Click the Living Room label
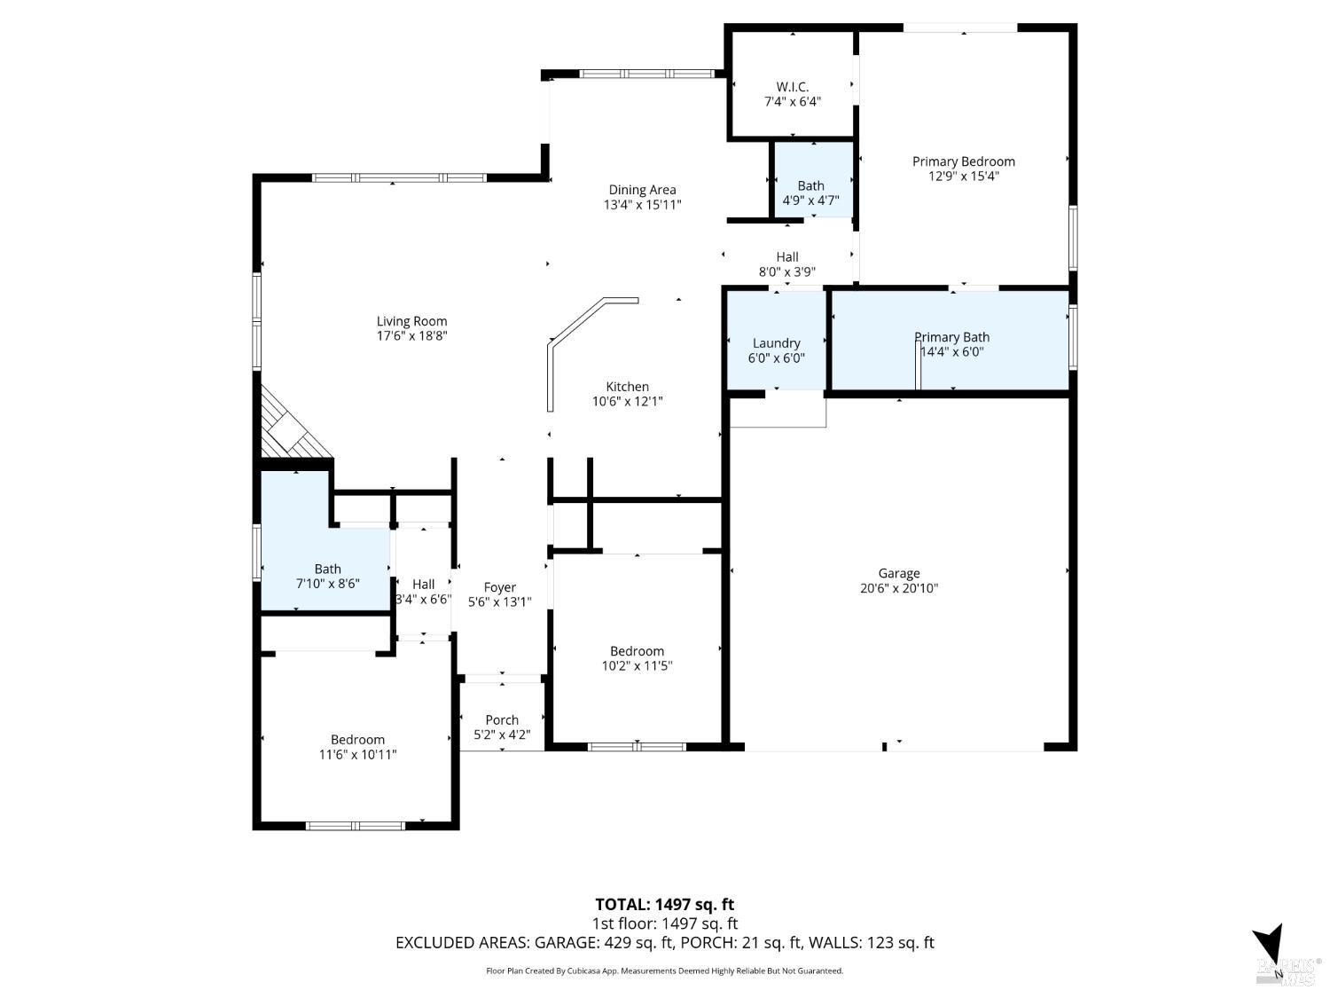pos(411,321)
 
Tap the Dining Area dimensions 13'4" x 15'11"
pos(642,205)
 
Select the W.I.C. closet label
pos(792,86)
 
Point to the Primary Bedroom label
pos(963,161)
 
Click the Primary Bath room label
pos(951,337)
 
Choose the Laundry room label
pos(776,343)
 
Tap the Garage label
pos(898,573)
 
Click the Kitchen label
pos(627,387)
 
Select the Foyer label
pos(499,587)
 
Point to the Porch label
pos(502,719)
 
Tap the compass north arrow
pos(1271,950)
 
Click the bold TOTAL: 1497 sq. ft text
pos(664,905)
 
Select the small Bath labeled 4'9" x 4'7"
pos(810,193)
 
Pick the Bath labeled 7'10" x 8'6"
pos(327,576)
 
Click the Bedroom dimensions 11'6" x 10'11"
pos(357,755)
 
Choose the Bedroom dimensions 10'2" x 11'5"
pos(637,666)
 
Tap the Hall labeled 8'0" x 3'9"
pos(786,264)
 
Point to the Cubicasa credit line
pos(664,970)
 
